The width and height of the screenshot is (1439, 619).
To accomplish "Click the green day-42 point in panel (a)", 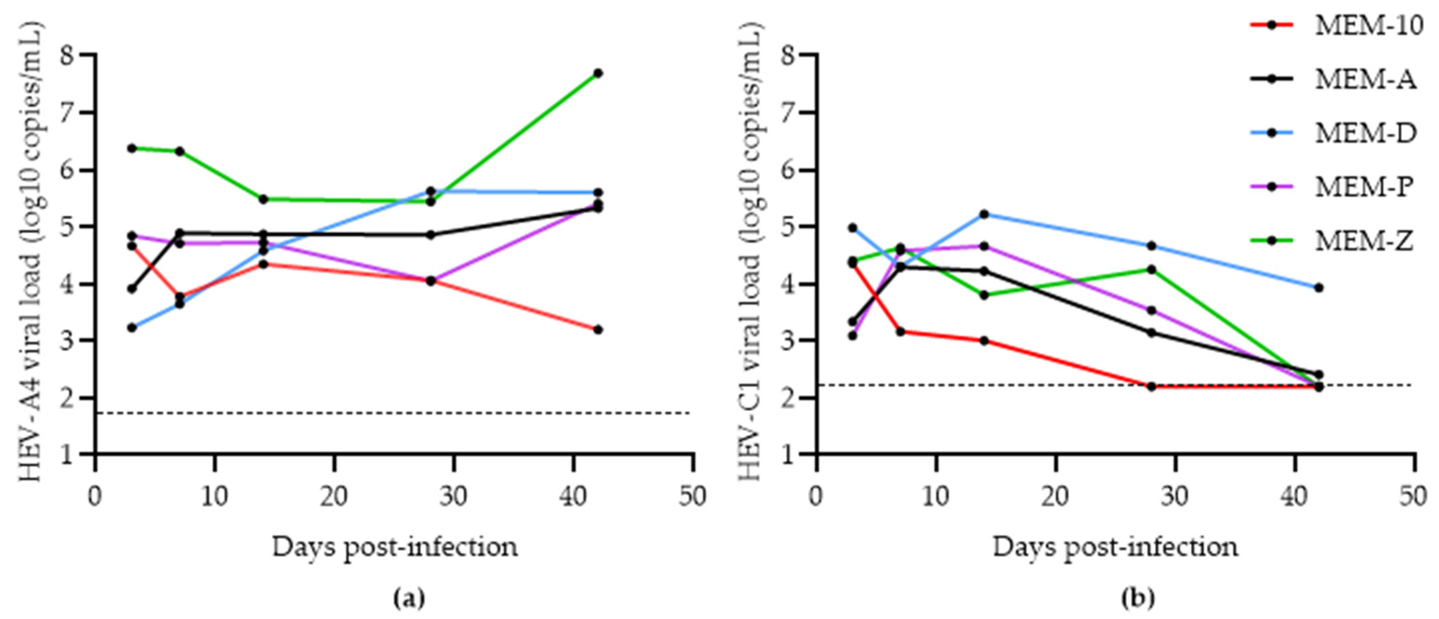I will tap(598, 73).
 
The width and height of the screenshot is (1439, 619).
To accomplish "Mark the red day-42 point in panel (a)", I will tap(598, 330).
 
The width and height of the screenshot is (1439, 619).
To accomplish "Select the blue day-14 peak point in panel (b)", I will tap(984, 214).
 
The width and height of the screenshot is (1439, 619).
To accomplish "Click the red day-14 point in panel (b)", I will tap(984, 340).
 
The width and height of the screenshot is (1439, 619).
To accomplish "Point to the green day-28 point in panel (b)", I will tap(1151, 269).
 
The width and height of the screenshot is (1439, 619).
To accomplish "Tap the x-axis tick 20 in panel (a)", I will tap(334, 496).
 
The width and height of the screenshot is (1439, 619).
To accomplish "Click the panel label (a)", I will tap(409, 598).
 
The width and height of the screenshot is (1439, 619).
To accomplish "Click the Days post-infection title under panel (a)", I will tap(395, 547).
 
